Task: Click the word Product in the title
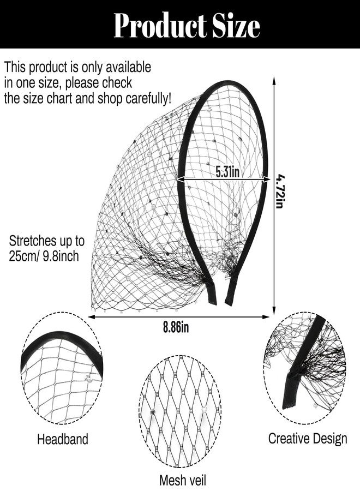[159, 26]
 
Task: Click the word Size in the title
[236, 26]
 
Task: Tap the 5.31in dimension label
[227, 172]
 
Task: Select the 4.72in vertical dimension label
[279, 191]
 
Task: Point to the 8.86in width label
[176, 327]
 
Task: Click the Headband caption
[63, 439]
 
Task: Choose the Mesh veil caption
[183, 480]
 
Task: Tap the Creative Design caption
[308, 439]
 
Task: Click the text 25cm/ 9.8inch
[44, 256]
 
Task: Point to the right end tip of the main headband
[229, 303]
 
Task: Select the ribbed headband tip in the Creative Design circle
[290, 391]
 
